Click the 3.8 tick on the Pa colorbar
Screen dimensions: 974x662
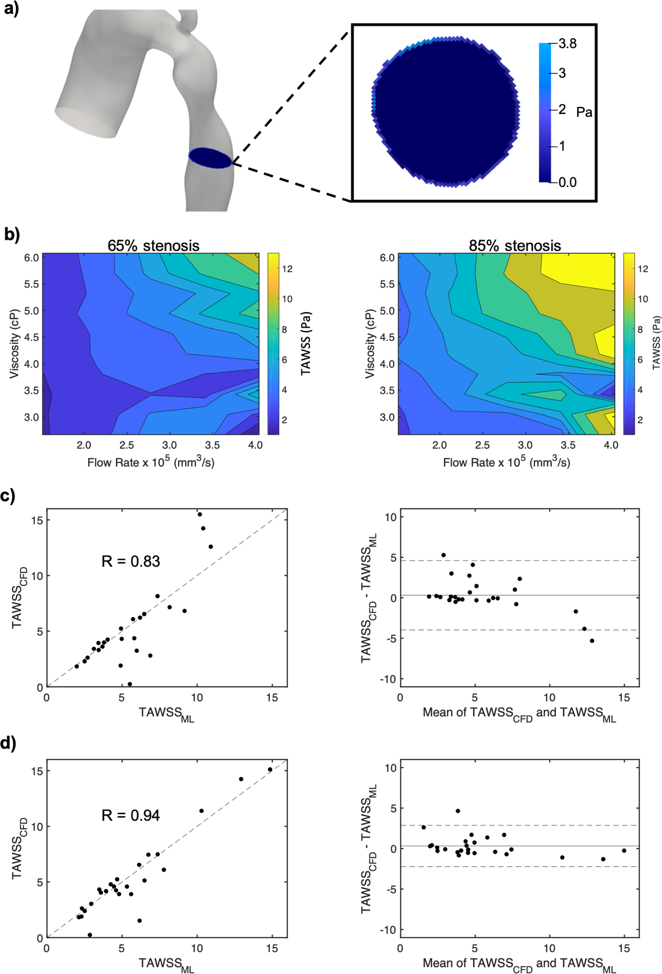tap(567, 43)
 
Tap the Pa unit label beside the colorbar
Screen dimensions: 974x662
tap(584, 112)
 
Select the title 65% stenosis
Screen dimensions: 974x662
tap(153, 246)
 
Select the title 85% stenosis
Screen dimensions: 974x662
tap(515, 246)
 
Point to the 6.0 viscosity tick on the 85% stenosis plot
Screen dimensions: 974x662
tap(387, 258)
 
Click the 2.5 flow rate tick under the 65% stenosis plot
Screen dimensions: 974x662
tap(127, 445)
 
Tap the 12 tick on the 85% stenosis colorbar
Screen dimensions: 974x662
tap(642, 269)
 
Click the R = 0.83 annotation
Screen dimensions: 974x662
tap(130, 561)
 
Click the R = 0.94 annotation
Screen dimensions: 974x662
tap(130, 815)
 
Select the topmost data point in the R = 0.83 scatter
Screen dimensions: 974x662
tap(199, 514)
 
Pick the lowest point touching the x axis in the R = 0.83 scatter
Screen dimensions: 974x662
tap(130, 684)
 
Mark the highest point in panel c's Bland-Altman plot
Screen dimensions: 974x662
tap(443, 555)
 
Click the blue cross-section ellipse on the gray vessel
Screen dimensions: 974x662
tap(210, 157)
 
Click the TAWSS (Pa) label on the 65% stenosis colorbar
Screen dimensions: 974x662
tap(306, 343)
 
